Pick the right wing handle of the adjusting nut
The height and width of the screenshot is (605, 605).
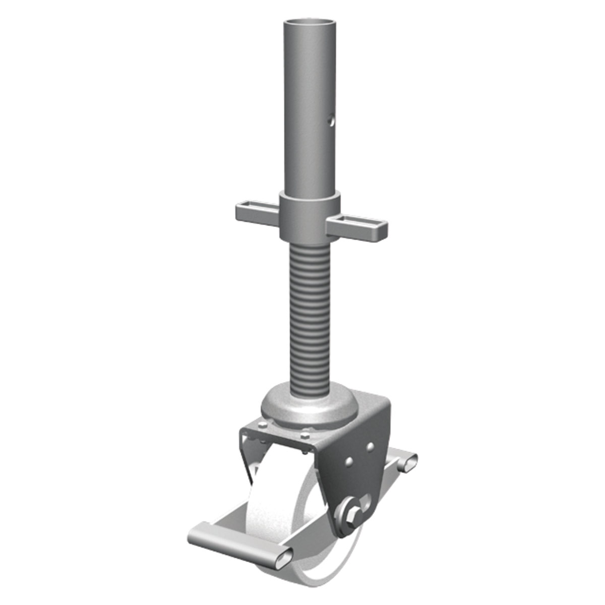click(358, 227)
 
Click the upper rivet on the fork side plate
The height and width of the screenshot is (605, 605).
click(371, 446)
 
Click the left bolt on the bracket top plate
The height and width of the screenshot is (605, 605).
click(262, 427)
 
